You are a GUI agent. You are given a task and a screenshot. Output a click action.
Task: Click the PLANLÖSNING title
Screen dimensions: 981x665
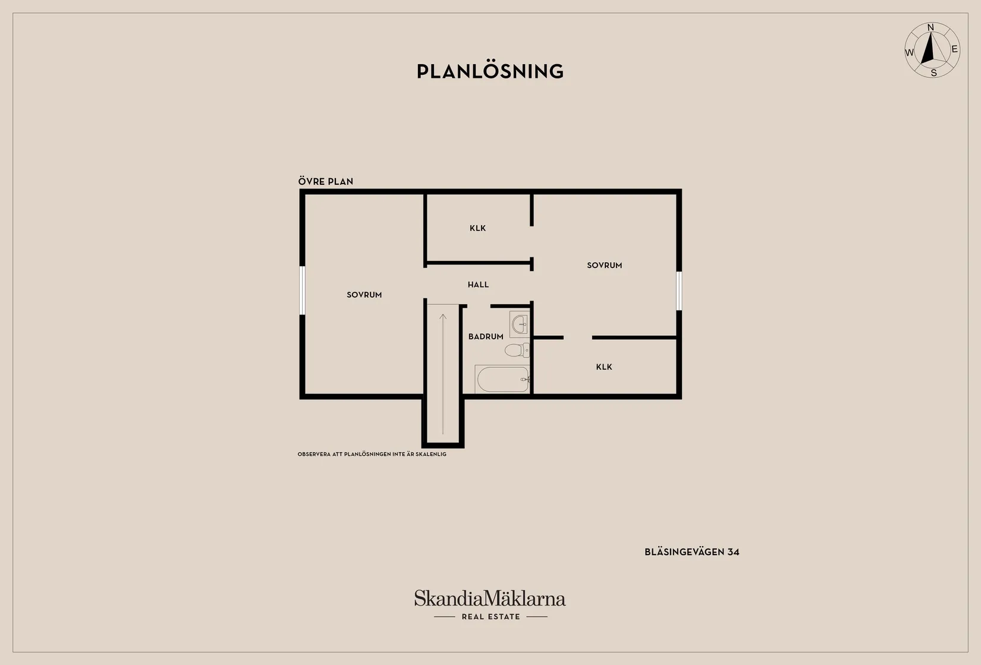point(490,71)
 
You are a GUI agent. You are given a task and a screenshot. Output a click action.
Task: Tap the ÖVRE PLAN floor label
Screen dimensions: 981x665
point(325,181)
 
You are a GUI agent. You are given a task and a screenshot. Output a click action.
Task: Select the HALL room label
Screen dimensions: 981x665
point(478,285)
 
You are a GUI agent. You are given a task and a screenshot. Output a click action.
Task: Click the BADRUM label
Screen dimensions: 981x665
point(486,336)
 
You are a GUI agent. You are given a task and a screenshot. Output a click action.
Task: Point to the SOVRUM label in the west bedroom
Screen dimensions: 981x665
point(364,295)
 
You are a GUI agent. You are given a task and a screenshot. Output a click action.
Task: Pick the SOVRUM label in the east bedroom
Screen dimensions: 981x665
point(605,265)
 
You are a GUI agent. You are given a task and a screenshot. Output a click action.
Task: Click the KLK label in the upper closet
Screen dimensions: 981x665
point(478,228)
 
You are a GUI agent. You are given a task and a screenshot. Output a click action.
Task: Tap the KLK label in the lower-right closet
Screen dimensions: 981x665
point(604,367)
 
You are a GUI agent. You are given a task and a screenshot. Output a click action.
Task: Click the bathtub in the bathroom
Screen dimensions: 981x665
point(502,379)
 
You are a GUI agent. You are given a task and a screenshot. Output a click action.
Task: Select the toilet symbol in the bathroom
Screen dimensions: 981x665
point(517,350)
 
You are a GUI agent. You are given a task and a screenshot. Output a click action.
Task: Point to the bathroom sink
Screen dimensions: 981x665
point(520,324)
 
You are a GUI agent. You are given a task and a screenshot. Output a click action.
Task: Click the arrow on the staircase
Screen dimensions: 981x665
point(443,374)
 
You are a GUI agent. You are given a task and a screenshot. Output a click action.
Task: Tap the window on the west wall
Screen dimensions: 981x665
point(302,290)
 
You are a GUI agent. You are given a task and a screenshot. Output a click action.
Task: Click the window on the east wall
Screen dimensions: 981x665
point(679,291)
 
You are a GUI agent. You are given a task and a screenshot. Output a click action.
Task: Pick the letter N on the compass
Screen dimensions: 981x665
point(930,27)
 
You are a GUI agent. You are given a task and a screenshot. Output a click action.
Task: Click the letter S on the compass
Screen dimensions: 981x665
point(933,73)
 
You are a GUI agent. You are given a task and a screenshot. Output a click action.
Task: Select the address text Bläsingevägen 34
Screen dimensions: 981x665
point(692,552)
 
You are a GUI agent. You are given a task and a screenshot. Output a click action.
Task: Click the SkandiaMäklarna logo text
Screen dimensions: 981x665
point(490,598)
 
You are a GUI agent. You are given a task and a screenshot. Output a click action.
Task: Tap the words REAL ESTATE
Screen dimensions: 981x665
point(491,617)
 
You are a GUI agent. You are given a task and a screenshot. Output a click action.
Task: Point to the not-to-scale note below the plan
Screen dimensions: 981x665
point(372,455)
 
